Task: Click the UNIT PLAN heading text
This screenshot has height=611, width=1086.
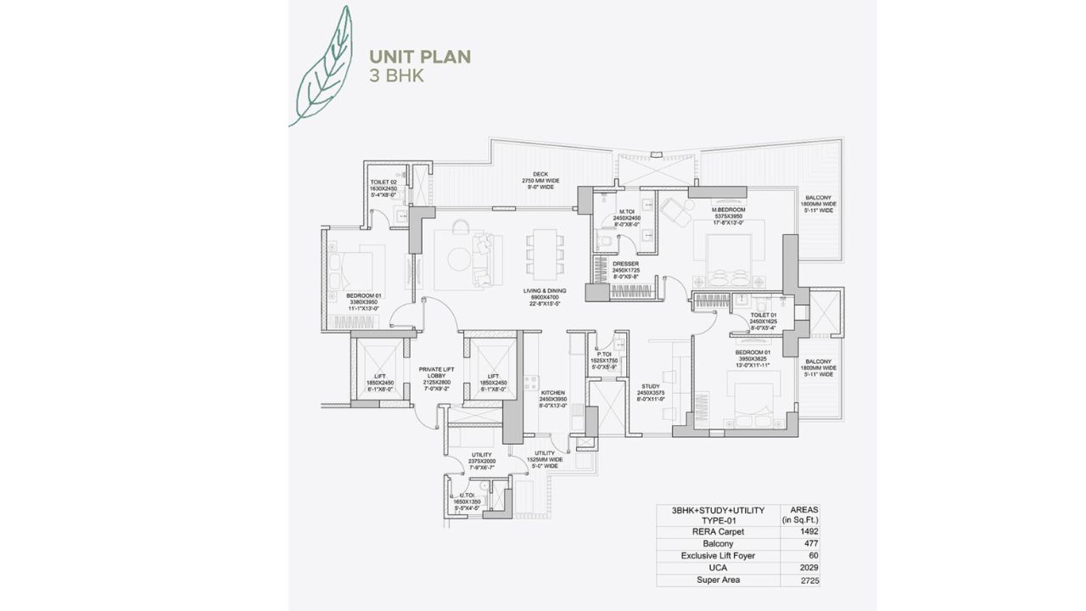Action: coord(420,57)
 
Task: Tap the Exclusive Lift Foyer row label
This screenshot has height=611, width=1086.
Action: coord(718,557)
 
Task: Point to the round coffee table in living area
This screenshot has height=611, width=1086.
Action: coord(459,259)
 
